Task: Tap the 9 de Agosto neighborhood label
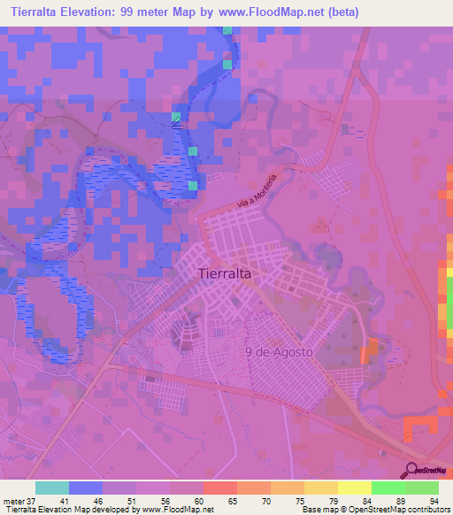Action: [278, 351]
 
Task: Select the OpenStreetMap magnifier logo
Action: [413, 470]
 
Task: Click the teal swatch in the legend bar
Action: [52, 488]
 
